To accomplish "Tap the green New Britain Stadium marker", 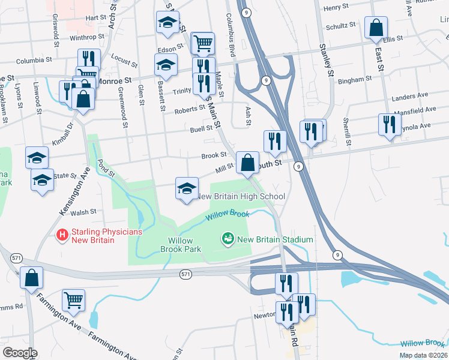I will tap(228, 239).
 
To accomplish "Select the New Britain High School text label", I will tap(241, 196).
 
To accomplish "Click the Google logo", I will tap(20, 353).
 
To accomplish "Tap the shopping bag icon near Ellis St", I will tap(376, 28).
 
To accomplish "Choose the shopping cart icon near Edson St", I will tap(203, 43).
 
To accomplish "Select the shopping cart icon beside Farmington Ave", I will tap(73, 300).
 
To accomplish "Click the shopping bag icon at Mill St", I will tap(247, 162).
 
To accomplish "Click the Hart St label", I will tap(95, 18).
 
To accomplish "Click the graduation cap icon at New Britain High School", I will tap(187, 188).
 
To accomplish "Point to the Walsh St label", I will tap(83, 212).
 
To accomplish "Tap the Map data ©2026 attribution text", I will tap(423, 355).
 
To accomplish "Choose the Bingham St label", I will tap(351, 80).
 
